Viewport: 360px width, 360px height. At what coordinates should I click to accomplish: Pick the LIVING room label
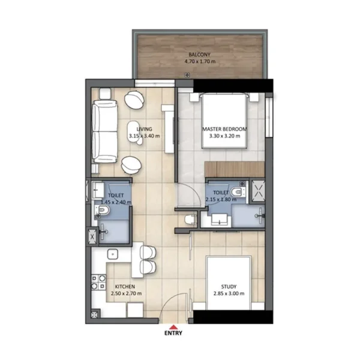(144, 129)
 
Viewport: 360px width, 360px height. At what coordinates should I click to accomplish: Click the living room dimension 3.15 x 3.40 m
(144, 137)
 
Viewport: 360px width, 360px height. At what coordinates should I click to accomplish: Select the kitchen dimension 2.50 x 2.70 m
(127, 294)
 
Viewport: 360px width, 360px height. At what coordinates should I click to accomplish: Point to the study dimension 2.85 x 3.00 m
(229, 294)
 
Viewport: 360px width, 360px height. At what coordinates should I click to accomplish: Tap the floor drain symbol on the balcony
(188, 74)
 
